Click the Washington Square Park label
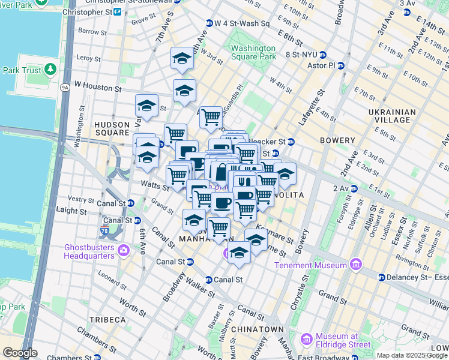point(253,52)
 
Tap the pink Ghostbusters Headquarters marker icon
point(124,250)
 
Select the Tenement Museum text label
point(311,265)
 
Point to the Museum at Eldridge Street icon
point(306,340)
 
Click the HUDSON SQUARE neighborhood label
point(112,128)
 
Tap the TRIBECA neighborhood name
point(107,320)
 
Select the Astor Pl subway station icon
point(340,66)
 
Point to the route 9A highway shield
point(65,88)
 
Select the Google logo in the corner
point(20,353)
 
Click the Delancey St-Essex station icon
point(381,277)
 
